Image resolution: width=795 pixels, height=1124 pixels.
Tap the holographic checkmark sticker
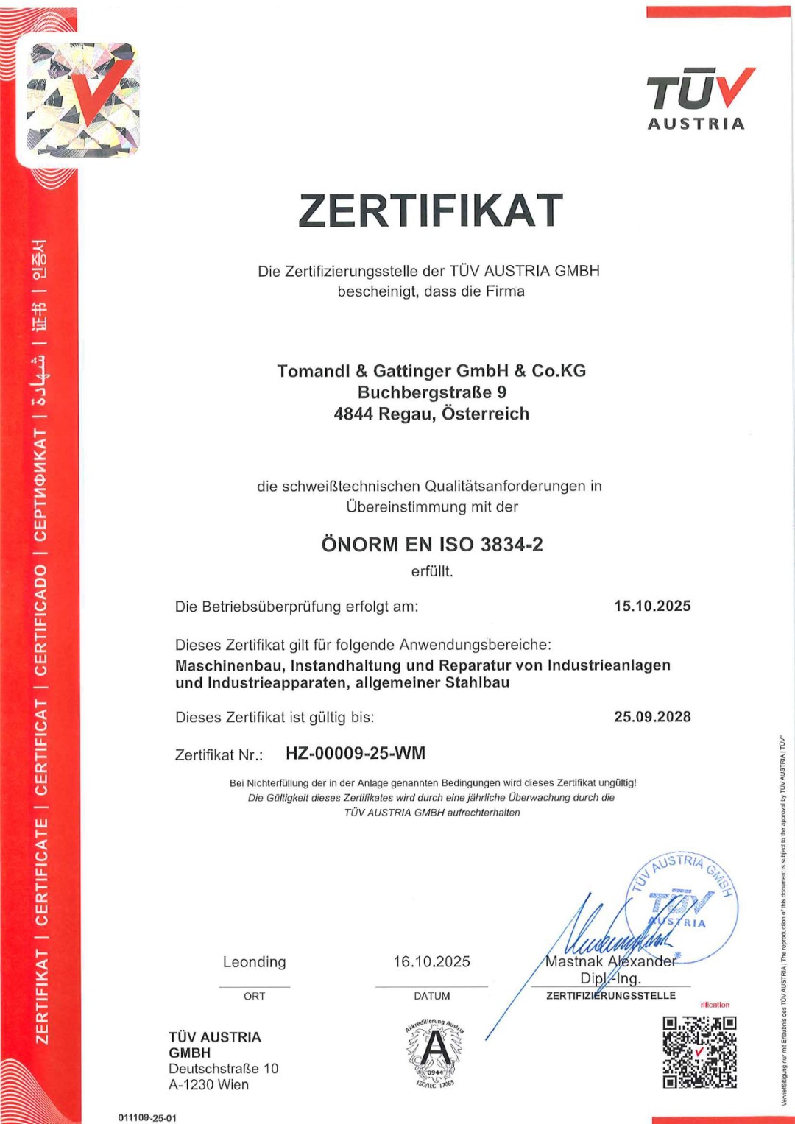tap(82, 99)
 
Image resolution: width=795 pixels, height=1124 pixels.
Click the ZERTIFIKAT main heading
tap(431, 211)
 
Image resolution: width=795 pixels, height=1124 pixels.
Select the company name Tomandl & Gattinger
tap(431, 371)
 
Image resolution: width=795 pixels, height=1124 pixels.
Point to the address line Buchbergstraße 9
tap(431, 392)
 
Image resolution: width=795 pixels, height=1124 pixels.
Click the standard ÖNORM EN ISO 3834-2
tap(432, 545)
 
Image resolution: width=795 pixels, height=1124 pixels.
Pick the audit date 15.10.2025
tap(652, 606)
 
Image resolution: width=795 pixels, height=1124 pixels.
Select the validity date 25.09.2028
tap(652, 717)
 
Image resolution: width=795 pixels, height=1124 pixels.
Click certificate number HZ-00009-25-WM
tap(356, 754)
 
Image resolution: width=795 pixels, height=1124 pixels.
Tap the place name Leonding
tap(255, 962)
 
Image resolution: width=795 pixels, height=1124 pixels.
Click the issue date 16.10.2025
tap(431, 962)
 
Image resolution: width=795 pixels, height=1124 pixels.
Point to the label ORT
tap(255, 996)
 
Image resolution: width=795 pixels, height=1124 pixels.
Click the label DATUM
tap(432, 996)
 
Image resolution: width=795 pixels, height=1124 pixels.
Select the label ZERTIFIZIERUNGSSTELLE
tap(611, 996)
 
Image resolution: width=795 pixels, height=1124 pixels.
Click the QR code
tap(699, 1052)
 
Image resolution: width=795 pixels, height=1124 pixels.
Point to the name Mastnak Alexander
tap(610, 961)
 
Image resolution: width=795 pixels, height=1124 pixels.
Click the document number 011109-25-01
tap(147, 1117)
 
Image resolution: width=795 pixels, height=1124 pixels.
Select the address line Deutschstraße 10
tap(224, 1069)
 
